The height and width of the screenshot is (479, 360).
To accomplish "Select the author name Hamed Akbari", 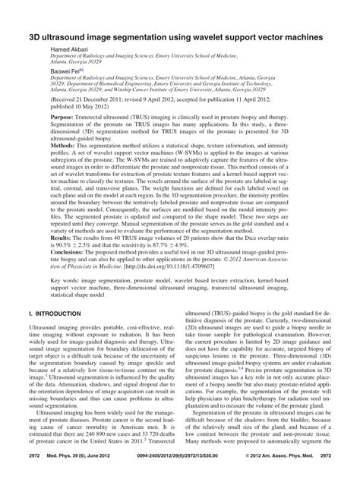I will point(71,49).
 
